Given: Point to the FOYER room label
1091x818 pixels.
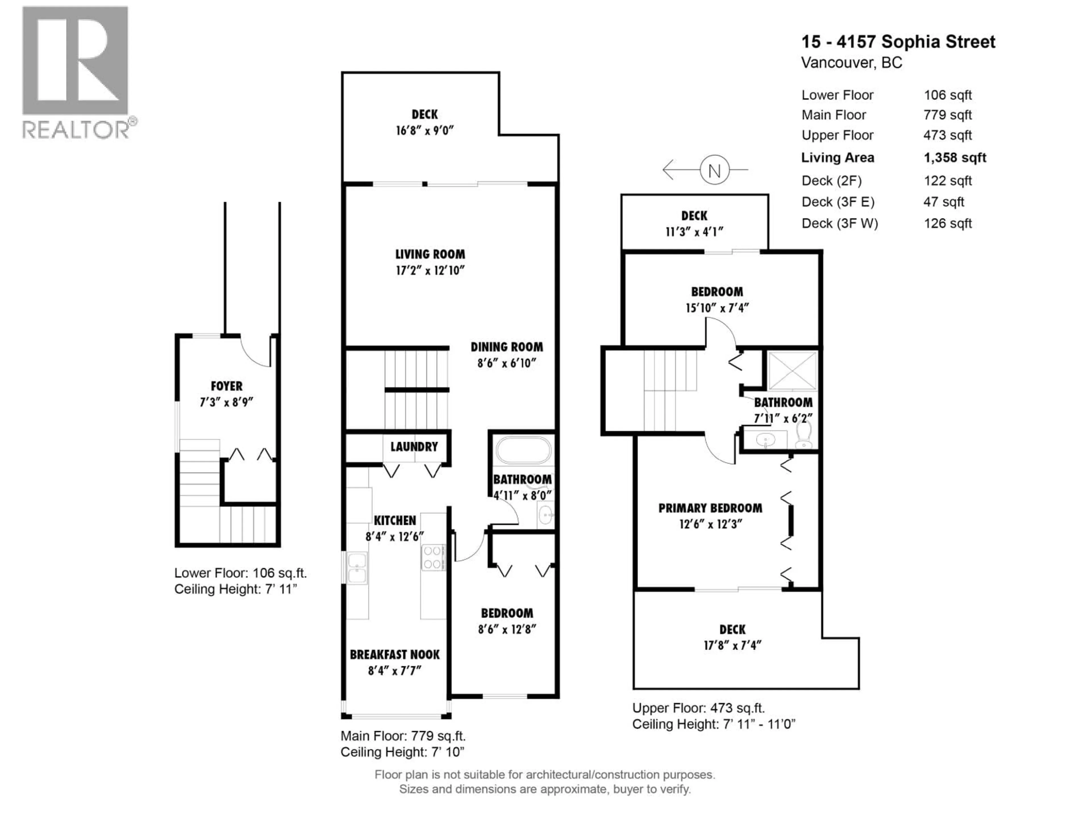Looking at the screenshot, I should (x=226, y=386).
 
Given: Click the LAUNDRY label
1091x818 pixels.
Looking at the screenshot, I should (x=414, y=447).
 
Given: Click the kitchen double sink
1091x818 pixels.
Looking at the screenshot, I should (x=357, y=568).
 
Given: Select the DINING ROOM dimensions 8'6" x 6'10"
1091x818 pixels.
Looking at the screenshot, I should (x=507, y=363).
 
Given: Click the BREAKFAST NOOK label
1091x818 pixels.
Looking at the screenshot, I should (x=395, y=655).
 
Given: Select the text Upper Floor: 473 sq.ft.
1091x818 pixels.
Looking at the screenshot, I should (x=698, y=708).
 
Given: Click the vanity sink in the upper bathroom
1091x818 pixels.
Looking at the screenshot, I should (x=765, y=440).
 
